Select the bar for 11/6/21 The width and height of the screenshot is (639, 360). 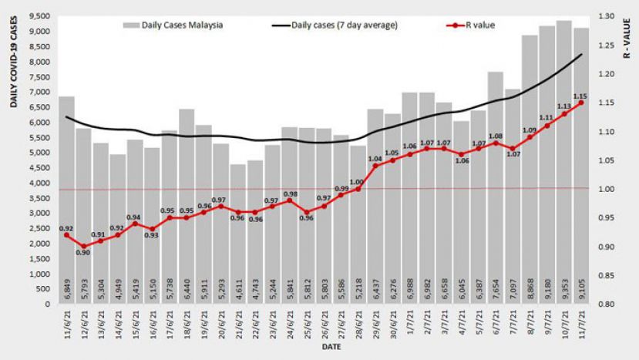(x=67, y=200)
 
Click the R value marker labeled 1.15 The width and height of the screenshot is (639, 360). (x=580, y=103)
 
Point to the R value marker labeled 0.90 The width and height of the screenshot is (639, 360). (x=84, y=247)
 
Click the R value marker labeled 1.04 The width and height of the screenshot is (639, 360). (x=375, y=166)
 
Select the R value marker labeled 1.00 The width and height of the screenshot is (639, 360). (x=358, y=189)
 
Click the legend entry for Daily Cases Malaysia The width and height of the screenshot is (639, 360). (x=173, y=25)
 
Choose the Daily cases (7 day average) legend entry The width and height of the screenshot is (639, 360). (x=335, y=25)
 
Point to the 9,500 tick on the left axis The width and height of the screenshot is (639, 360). (x=40, y=16)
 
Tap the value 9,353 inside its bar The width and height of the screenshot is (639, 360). (x=563, y=291)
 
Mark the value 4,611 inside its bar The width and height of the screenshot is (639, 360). (x=238, y=291)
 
